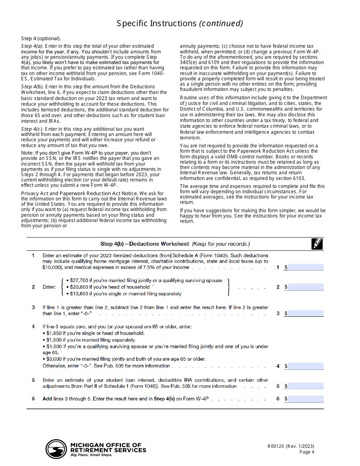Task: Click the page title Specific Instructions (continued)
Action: coord(180,23)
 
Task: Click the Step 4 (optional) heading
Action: coord(41,39)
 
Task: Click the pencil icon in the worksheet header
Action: coord(317,244)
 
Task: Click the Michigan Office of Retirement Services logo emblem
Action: coord(56,449)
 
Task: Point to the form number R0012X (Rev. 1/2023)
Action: coord(291,446)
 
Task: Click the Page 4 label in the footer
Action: coord(307,452)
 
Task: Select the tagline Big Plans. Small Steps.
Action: coord(91,455)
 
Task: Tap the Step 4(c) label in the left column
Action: coord(32,129)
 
